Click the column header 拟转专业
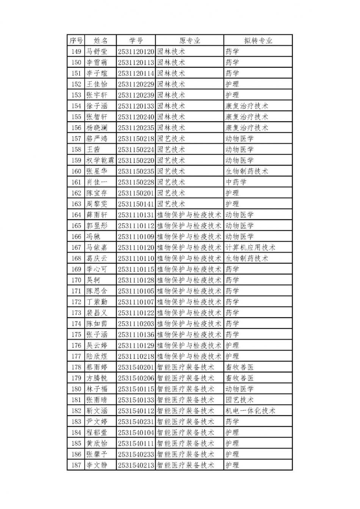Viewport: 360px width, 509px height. click(258, 41)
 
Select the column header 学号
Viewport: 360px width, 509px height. click(136, 41)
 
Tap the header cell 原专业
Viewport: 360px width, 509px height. click(189, 41)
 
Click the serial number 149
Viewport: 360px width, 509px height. click(76, 52)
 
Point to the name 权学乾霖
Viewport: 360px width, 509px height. click(100, 160)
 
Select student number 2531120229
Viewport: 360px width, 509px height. click(136, 84)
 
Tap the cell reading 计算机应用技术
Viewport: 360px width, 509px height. click(250, 247)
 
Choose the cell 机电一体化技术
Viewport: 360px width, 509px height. click(250, 411)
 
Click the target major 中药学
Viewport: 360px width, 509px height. click(236, 182)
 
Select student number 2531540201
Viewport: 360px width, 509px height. click(136, 367)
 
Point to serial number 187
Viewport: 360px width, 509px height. click(76, 465)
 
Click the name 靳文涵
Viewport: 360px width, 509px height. click(97, 411)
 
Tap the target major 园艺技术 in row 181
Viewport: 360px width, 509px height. click(240, 400)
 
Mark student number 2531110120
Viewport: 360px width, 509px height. click(136, 247)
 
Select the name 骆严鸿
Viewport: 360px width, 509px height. click(97, 139)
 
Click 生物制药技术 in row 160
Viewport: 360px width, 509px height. click(247, 171)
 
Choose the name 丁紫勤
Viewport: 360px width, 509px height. click(97, 302)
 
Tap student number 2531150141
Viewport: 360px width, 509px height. click(136, 204)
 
